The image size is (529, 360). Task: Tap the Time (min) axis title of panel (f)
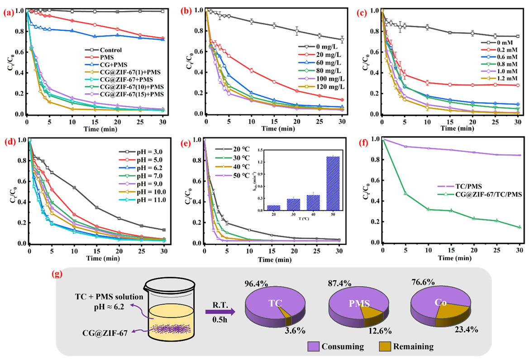point(451,260)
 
